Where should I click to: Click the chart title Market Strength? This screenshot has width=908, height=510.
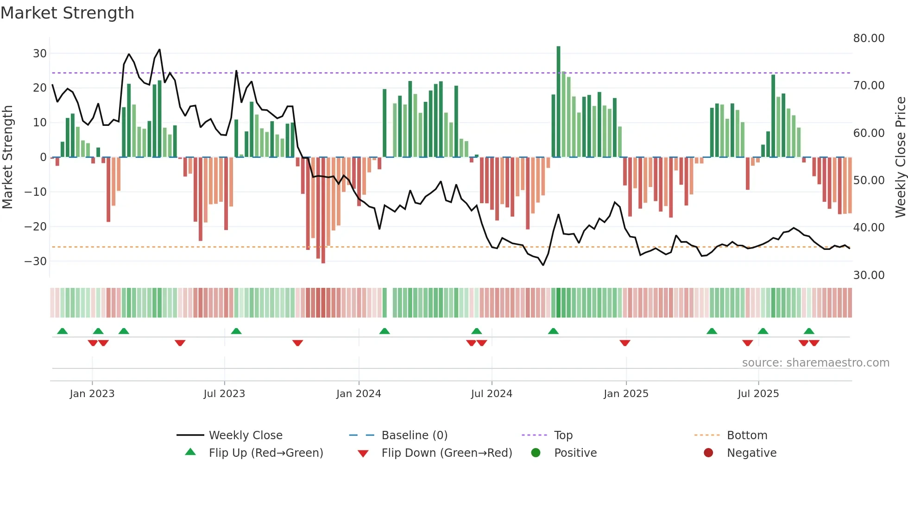(67, 13)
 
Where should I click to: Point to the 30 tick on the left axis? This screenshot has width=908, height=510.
(40, 53)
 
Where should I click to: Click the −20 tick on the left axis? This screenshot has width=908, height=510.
(35, 227)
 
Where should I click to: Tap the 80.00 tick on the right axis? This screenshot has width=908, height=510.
(869, 38)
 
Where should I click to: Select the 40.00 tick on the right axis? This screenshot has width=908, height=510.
(869, 228)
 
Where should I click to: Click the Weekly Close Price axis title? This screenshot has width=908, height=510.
(900, 157)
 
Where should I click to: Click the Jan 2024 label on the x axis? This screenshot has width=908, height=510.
(359, 394)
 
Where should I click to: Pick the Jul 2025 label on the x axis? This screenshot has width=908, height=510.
(758, 394)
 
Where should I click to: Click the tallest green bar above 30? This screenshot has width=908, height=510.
(558, 102)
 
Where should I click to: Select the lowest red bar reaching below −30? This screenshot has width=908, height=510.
(323, 211)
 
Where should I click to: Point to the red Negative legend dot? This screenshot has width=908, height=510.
(708, 453)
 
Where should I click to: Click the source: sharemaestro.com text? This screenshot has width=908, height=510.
(815, 363)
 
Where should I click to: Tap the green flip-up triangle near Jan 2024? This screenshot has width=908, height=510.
(385, 331)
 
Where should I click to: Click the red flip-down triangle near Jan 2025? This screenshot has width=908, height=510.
(625, 343)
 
